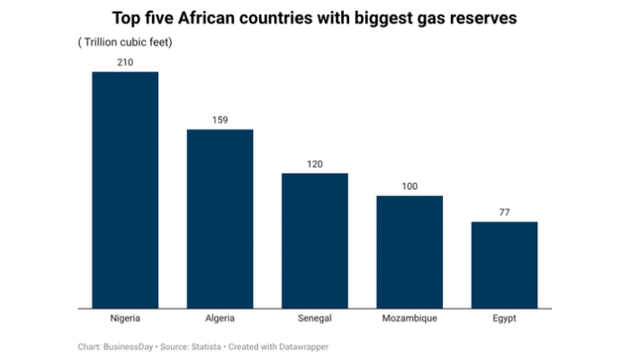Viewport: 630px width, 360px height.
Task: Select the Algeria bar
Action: [x=220, y=218]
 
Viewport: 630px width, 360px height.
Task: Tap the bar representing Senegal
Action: [x=314, y=239]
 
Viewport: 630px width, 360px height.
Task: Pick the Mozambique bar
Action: [x=409, y=251]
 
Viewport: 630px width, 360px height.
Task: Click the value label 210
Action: [x=125, y=62]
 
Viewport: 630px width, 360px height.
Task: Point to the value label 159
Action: [x=220, y=120]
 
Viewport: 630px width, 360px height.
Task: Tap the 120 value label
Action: [x=314, y=164]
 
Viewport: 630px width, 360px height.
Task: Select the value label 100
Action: [x=409, y=186]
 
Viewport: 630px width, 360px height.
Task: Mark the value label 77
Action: [x=504, y=212]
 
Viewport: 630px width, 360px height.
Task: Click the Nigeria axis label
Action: [x=125, y=318]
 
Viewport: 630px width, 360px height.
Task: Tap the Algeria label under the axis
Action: [x=220, y=318]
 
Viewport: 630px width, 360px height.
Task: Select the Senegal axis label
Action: [x=314, y=318]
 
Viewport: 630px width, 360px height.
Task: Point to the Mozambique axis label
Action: [x=409, y=318]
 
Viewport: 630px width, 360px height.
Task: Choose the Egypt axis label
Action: [x=504, y=318]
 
